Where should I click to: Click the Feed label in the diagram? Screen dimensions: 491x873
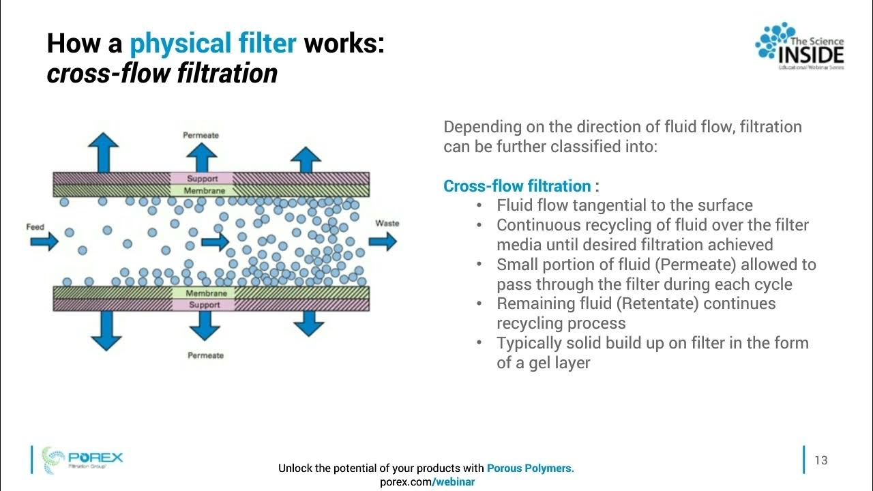click(x=35, y=226)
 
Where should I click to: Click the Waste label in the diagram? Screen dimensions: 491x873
click(x=387, y=223)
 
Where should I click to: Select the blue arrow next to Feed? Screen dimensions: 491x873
click(x=44, y=241)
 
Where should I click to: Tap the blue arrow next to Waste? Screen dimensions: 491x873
click(x=383, y=241)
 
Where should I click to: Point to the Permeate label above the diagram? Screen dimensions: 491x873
click(x=201, y=135)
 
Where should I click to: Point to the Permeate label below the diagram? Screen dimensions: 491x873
click(x=205, y=355)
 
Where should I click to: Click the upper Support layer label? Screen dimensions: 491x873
click(x=202, y=179)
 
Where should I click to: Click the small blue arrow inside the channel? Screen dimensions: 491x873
click(x=216, y=241)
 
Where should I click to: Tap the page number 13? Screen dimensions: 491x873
click(x=821, y=460)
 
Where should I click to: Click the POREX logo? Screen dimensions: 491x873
click(x=82, y=459)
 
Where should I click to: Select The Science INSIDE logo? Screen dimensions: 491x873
click(x=799, y=46)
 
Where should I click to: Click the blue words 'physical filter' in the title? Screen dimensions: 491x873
click(x=213, y=44)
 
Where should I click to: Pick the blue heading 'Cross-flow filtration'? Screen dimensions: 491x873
click(x=517, y=186)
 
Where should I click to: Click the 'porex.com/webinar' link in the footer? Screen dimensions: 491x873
click(x=426, y=481)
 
